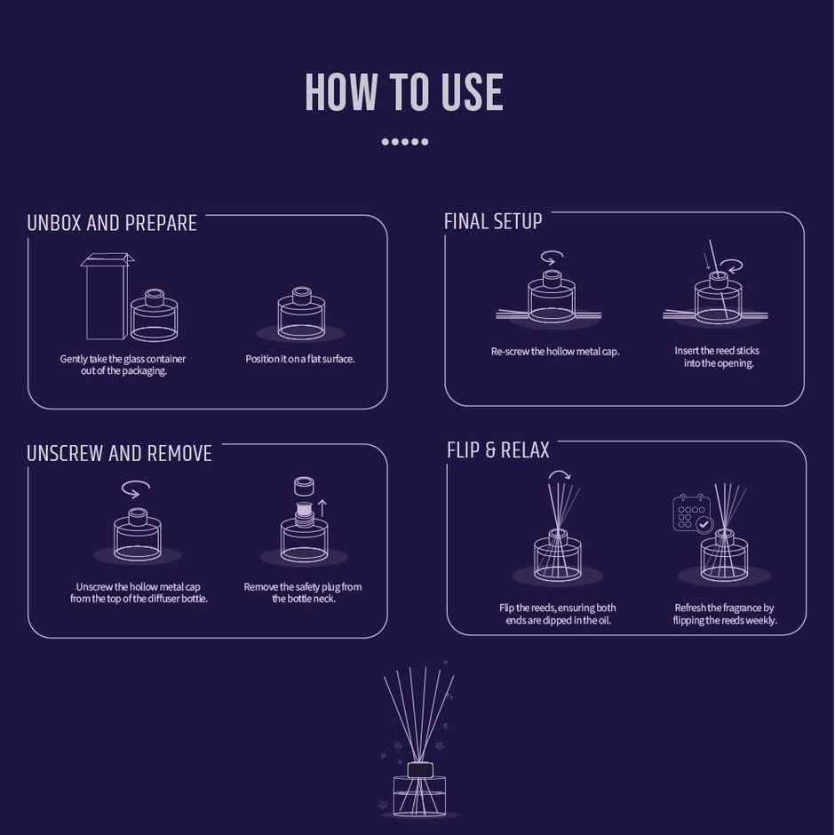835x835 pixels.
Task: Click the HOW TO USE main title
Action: coord(404,93)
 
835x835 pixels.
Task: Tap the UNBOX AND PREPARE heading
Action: coord(112,223)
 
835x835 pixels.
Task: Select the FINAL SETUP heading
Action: coord(493,221)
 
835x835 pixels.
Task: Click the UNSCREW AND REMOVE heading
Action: coord(119,454)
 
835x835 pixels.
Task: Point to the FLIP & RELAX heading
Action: coord(497,450)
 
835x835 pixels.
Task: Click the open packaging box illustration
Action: coord(106,297)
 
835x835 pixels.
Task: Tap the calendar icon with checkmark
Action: coord(693,513)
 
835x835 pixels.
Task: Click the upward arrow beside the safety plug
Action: coord(322,507)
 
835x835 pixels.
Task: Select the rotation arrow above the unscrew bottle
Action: coord(136,489)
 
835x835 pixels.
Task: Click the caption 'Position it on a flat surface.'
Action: coord(300,359)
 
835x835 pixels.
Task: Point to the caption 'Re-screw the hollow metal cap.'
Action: coord(555,352)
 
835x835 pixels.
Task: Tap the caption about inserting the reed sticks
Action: coord(718,357)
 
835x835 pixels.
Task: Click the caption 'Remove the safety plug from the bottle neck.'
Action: coord(303,592)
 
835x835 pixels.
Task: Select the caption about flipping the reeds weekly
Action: coord(724,614)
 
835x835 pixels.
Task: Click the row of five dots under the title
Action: coord(404,141)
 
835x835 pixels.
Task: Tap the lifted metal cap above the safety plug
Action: coord(304,485)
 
